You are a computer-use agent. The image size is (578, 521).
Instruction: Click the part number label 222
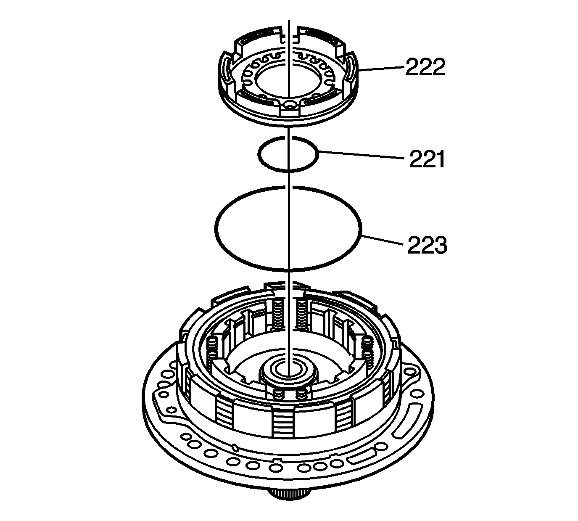(425, 67)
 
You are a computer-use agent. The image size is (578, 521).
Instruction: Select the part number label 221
(427, 159)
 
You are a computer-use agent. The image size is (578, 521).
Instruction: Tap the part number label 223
(428, 245)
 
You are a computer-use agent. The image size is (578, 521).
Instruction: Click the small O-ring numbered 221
(288, 154)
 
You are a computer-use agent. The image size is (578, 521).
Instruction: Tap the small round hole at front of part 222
(290, 105)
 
